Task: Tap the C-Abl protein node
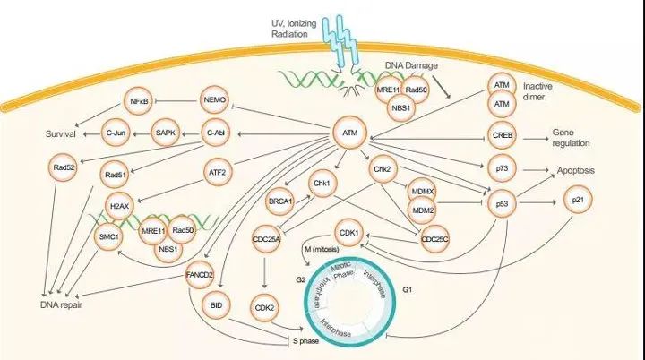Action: tap(215, 133)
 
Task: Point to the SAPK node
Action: tap(166, 133)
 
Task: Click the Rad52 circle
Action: tap(64, 167)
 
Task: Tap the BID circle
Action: tap(216, 305)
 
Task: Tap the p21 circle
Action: tap(576, 203)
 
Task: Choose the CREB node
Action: tap(502, 135)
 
